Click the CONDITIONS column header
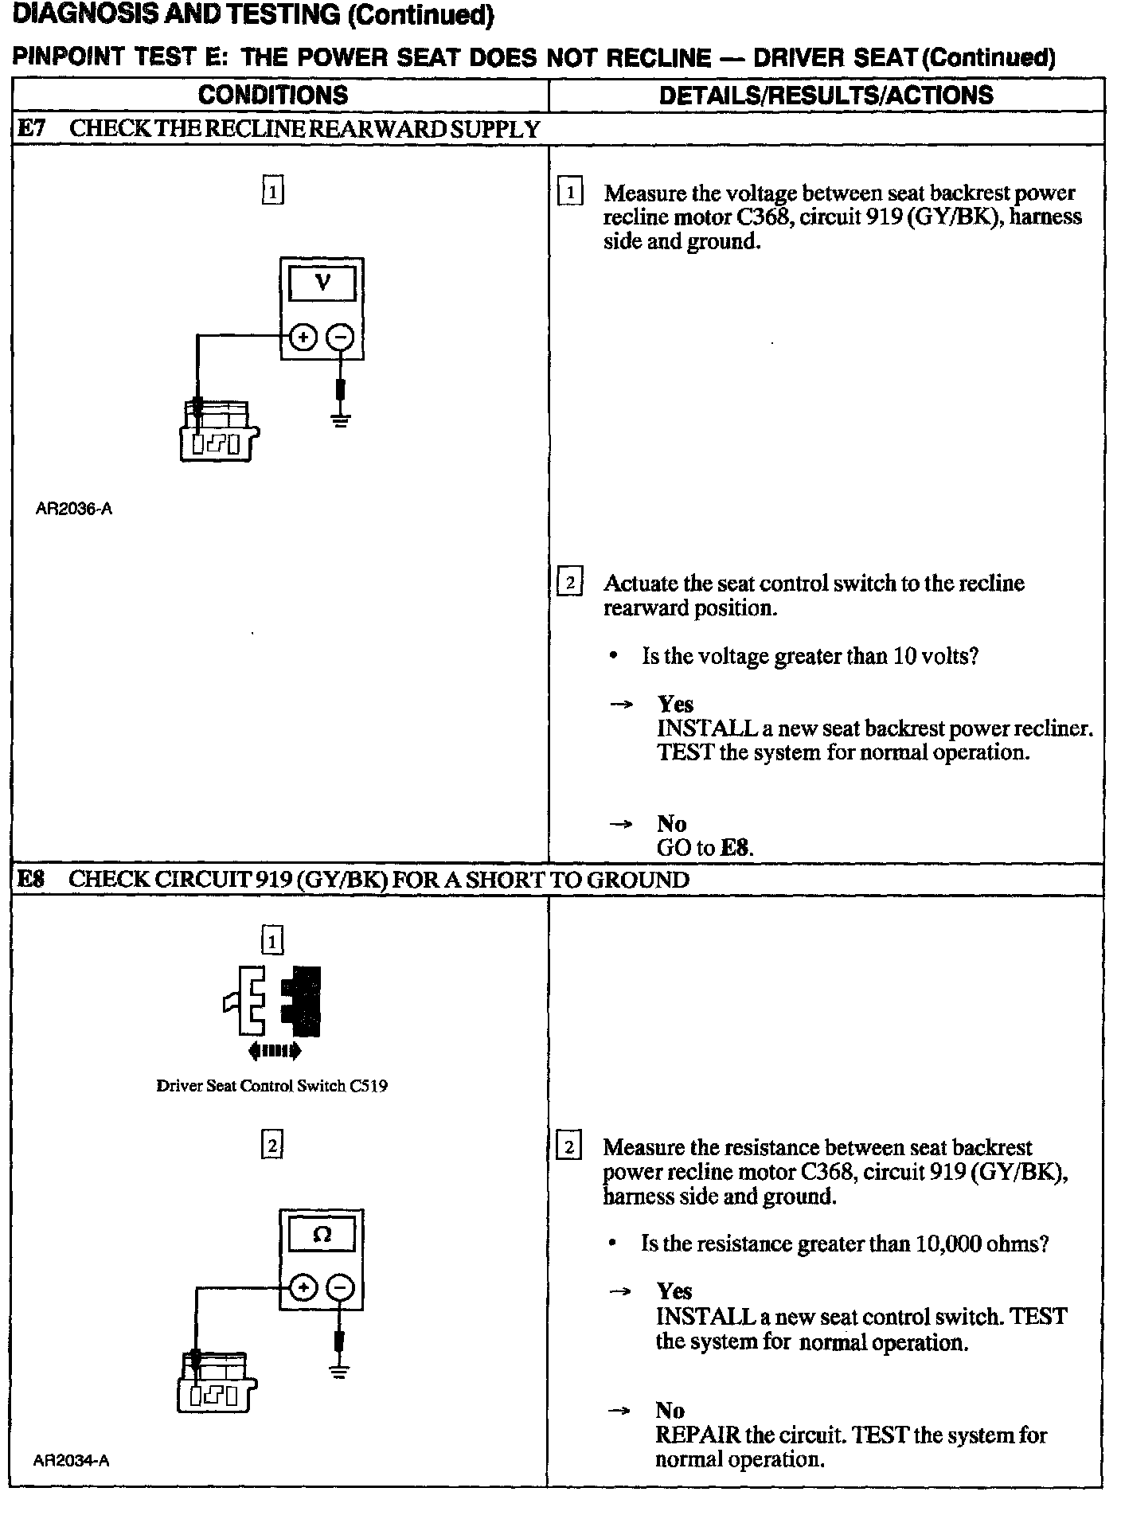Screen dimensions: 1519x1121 tap(273, 96)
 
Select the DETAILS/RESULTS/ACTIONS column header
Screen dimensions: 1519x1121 tap(826, 96)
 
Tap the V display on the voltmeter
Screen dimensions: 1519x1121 tap(322, 283)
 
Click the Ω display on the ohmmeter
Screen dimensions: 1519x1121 tap(322, 1235)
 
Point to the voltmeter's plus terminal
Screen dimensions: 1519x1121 tap(302, 338)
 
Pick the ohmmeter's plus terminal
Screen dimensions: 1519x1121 tap(302, 1288)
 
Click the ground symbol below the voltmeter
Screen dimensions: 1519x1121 tap(341, 420)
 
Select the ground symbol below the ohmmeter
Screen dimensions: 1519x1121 tap(340, 1371)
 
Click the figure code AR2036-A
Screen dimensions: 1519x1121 tap(74, 509)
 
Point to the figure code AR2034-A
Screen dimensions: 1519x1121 tap(72, 1460)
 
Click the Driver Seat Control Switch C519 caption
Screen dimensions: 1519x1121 tap(271, 1086)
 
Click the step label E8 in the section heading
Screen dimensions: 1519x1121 tap(32, 880)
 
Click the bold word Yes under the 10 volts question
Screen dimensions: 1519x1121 tap(675, 705)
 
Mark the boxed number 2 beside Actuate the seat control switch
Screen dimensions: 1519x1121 tap(570, 584)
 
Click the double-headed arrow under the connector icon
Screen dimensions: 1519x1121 tap(275, 1052)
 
